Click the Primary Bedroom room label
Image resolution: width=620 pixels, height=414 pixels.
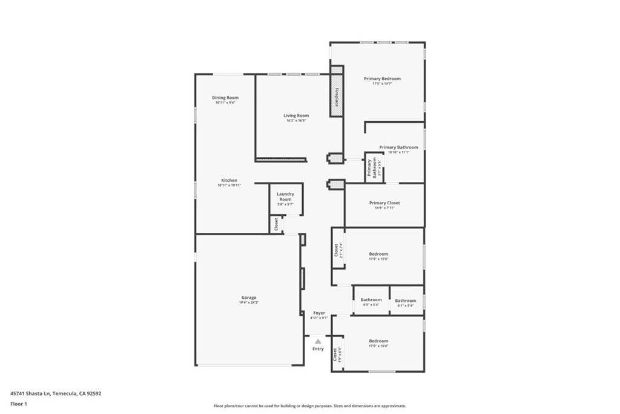[382, 79]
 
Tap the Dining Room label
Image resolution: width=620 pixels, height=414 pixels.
[225, 98]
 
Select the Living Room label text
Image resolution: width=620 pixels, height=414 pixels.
[296, 116]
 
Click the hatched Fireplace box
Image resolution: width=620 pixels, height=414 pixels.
[336, 96]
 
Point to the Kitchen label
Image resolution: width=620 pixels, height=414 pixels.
[229, 180]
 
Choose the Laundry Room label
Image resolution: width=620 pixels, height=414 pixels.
[285, 196]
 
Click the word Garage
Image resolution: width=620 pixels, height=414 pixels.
[249, 298]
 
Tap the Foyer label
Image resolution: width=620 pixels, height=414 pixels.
[319, 313]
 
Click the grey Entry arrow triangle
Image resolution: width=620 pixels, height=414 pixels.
[318, 342]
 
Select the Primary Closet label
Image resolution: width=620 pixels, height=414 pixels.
[384, 203]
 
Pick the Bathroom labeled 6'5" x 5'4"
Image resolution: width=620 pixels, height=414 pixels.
[371, 299]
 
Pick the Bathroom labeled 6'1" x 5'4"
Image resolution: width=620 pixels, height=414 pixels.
[406, 301]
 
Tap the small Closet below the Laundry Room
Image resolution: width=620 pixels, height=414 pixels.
[276, 224]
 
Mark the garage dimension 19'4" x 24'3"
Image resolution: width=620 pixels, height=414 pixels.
[249, 302]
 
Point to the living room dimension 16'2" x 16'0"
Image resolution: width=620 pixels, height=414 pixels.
[296, 121]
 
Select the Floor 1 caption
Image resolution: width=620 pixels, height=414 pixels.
[19, 403]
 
